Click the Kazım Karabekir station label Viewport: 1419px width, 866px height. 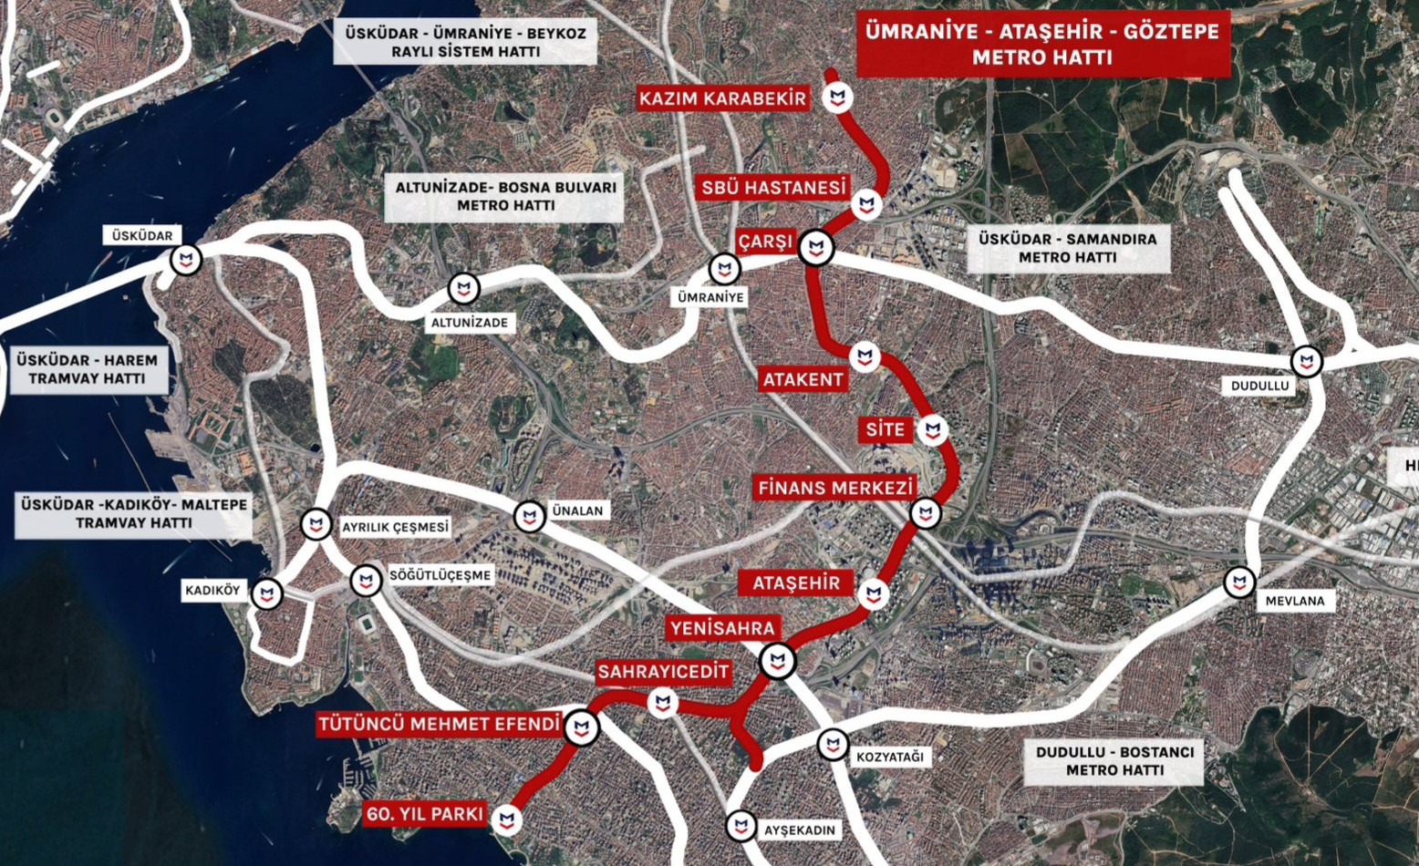[x=723, y=98]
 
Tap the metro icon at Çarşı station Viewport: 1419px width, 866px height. [x=816, y=247]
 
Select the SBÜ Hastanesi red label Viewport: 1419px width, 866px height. [x=773, y=188]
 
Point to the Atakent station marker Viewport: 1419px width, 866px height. [x=865, y=357]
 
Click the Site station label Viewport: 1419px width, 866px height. [x=886, y=430]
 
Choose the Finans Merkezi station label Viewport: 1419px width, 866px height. [x=834, y=488]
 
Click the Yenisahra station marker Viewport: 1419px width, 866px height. [x=778, y=661]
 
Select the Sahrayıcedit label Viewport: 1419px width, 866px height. [x=663, y=673]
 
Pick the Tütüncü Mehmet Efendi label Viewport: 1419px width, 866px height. [x=439, y=725]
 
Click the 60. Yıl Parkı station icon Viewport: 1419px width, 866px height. [x=507, y=820]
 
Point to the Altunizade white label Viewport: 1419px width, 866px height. [x=470, y=323]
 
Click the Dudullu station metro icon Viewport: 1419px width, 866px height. [x=1307, y=361]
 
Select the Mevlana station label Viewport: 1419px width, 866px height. [x=1294, y=601]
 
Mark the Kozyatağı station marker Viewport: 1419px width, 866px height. [x=833, y=745]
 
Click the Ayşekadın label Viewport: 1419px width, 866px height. [x=800, y=830]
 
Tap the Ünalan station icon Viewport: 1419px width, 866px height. [x=529, y=517]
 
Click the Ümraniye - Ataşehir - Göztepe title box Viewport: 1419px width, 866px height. [x=1042, y=45]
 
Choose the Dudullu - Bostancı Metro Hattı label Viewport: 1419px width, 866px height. [x=1114, y=761]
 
